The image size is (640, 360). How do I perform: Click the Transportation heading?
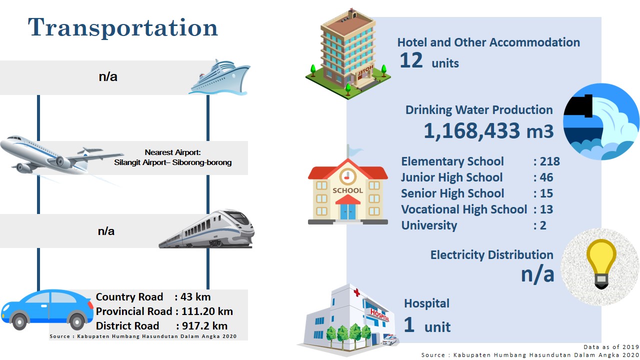tap(123, 27)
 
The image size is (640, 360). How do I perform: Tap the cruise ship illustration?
tap(219, 77)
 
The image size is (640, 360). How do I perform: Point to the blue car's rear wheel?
tap(76, 321)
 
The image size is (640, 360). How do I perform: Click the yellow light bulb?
tap(601, 263)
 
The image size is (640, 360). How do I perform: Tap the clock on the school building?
tap(347, 176)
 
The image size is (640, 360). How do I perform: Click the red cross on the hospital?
tap(356, 292)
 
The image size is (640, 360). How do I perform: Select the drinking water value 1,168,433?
tap(471, 131)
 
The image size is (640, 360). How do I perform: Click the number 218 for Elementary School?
tap(550, 161)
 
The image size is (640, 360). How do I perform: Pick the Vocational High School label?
tap(464, 209)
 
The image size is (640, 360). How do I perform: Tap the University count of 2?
tap(543, 225)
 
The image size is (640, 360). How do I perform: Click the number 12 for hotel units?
tap(411, 60)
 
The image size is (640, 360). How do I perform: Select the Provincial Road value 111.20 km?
tap(207, 311)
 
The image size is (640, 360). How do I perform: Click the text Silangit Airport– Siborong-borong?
tap(173, 162)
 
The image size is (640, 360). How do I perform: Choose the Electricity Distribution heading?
tap(491, 255)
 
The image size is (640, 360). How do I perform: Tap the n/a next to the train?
tap(106, 231)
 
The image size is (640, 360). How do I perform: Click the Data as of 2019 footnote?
tap(611, 347)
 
